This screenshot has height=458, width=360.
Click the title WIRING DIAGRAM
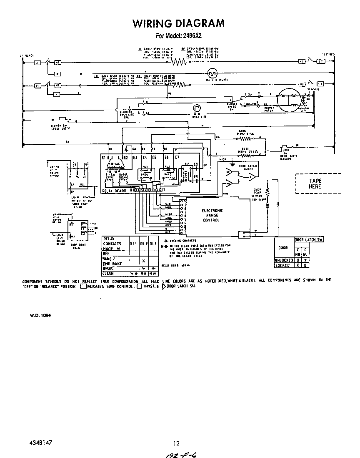point(178,23)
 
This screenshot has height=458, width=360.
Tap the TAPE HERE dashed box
point(315,184)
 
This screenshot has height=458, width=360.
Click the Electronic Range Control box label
point(212,215)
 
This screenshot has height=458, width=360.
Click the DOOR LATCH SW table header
point(309,239)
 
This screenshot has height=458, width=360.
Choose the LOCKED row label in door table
point(284,265)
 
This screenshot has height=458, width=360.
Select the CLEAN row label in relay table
point(108,273)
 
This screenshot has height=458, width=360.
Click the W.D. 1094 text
point(40,315)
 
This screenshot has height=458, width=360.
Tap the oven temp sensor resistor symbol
point(268,191)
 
